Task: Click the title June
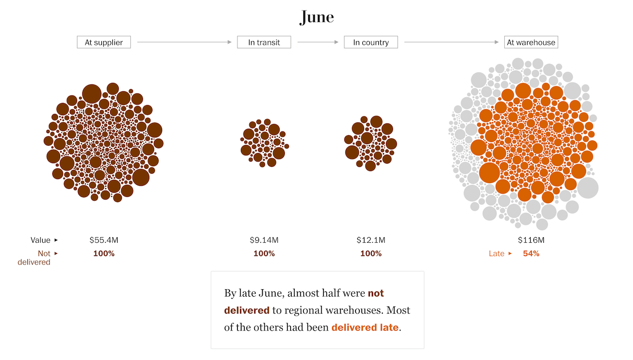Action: tap(316, 17)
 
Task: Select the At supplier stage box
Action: tap(104, 42)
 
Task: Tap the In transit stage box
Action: tap(264, 42)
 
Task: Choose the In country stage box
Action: tap(371, 42)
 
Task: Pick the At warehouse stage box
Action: tap(531, 42)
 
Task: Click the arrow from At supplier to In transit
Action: tap(184, 42)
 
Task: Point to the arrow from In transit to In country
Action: tap(318, 42)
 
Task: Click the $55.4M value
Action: tap(104, 240)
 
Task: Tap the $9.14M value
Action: tap(264, 240)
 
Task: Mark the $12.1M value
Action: tap(371, 240)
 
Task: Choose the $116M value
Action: tap(531, 240)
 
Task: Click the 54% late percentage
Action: tap(531, 253)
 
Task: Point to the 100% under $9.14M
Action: tap(264, 253)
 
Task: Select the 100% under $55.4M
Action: tap(104, 253)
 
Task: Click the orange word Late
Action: tap(496, 253)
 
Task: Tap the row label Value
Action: tap(40, 240)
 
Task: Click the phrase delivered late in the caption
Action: tap(365, 327)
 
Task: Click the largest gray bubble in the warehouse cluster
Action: tap(588, 188)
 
